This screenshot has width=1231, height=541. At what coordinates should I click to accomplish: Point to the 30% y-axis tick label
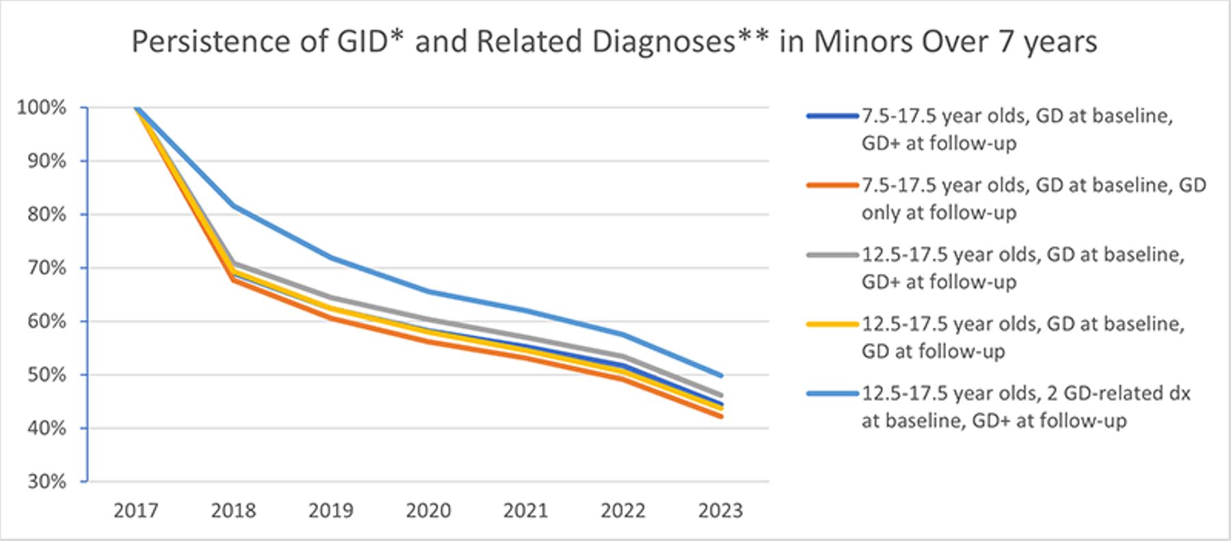(x=47, y=482)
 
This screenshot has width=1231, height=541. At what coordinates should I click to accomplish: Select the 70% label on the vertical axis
(x=47, y=268)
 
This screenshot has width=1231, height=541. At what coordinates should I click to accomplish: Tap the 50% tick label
(x=47, y=375)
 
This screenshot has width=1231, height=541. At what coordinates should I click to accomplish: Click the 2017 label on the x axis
(x=136, y=511)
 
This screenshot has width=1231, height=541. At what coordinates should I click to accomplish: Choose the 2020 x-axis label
(x=429, y=511)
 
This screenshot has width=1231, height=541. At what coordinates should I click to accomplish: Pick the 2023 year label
(x=721, y=511)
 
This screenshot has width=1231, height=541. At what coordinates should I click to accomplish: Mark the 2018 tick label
(x=234, y=511)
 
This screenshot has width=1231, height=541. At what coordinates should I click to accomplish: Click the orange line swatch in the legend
(x=832, y=186)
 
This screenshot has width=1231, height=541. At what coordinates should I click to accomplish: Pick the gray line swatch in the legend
(x=832, y=255)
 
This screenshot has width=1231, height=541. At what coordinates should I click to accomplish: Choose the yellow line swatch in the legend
(x=832, y=324)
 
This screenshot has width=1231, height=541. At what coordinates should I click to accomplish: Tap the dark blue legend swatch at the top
(x=832, y=116)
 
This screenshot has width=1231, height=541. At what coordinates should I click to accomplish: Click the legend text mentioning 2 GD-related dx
(x=1026, y=407)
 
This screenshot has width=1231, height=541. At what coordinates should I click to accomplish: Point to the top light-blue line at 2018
(x=234, y=206)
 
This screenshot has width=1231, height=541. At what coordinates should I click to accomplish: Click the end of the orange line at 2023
(x=722, y=416)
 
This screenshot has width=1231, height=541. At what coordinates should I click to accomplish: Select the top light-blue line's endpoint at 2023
(x=722, y=375)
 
